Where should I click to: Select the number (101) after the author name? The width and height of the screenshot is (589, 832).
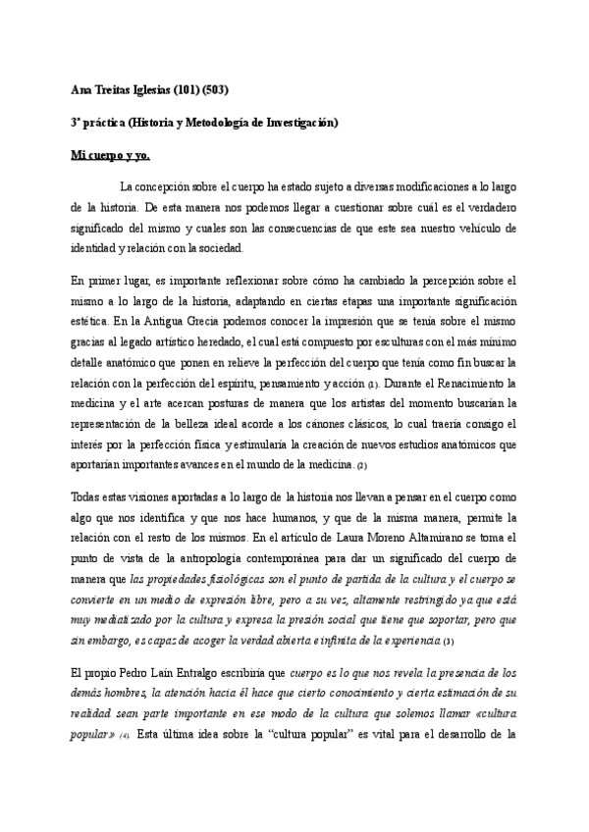(x=187, y=91)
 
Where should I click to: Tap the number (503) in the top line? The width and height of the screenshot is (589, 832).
(x=219, y=91)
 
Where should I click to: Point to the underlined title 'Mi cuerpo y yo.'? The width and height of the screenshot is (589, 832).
(x=110, y=155)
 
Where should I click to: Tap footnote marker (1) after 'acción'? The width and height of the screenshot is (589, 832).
(x=372, y=383)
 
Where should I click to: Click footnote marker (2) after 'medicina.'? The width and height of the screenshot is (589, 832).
(x=360, y=465)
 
